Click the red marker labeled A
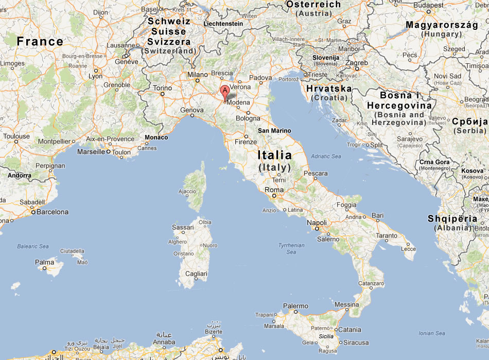click(224, 92)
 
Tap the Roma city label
click(274, 190)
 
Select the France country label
click(40, 42)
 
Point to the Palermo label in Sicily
click(295, 306)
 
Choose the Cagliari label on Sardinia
click(196, 274)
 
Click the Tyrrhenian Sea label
click(291, 249)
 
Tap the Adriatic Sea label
click(326, 156)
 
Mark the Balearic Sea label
click(33, 246)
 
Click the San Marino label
click(274, 131)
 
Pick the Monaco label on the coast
click(156, 137)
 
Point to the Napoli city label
click(317, 223)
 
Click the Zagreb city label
click(357, 63)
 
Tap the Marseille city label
click(91, 152)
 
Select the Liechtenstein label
click(223, 24)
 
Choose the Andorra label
click(19, 175)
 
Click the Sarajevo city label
click(410, 139)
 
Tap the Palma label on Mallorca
click(44, 262)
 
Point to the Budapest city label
click(428, 5)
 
